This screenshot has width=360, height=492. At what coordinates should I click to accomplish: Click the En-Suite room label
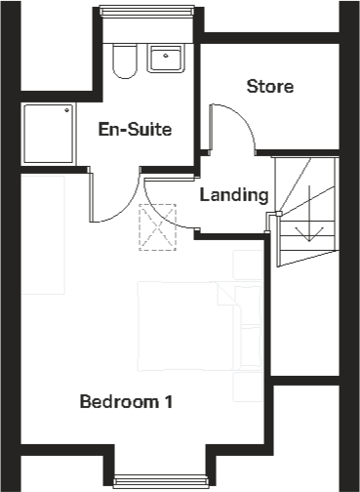click(x=136, y=128)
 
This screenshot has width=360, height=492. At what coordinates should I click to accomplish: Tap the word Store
click(x=269, y=87)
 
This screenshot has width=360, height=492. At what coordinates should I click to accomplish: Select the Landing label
click(x=233, y=194)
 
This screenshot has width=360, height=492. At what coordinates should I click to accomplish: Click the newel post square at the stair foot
click(x=275, y=214)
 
